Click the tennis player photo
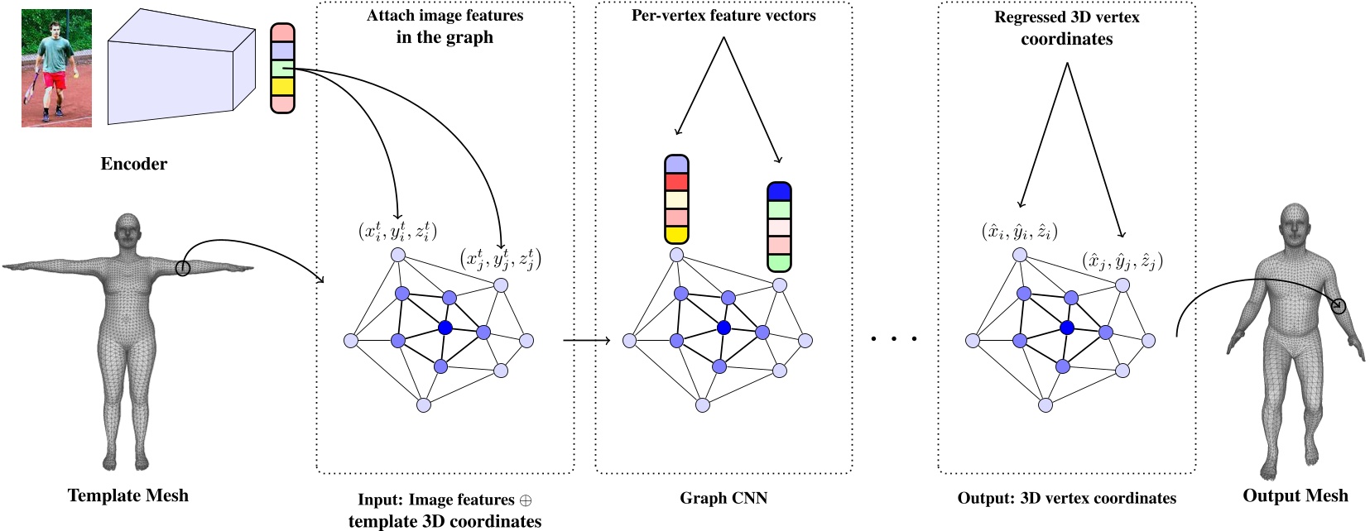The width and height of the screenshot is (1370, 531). point(56,68)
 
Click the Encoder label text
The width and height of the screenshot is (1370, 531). point(133,164)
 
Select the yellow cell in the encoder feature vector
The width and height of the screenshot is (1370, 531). point(282,86)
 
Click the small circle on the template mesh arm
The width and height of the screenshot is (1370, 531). point(183,267)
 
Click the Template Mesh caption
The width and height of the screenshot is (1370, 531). point(127,495)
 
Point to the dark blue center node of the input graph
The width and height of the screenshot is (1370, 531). point(445,328)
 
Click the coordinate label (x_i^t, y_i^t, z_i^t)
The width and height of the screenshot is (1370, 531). point(397,231)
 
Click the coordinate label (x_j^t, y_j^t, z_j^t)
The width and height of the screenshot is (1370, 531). point(500,259)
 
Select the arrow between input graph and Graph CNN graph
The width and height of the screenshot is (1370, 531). point(585,340)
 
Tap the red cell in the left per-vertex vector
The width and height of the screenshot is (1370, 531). point(676,182)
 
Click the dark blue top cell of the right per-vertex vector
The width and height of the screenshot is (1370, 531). point(779,193)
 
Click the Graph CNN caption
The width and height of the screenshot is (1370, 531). point(723,498)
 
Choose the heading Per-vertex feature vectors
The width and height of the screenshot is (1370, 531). point(723,16)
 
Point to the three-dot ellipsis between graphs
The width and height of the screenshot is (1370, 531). point(895,338)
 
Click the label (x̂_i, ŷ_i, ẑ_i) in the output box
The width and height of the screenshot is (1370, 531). point(1019,231)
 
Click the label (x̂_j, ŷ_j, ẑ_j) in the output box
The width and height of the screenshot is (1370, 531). point(1122,261)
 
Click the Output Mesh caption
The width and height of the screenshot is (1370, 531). point(1295,495)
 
